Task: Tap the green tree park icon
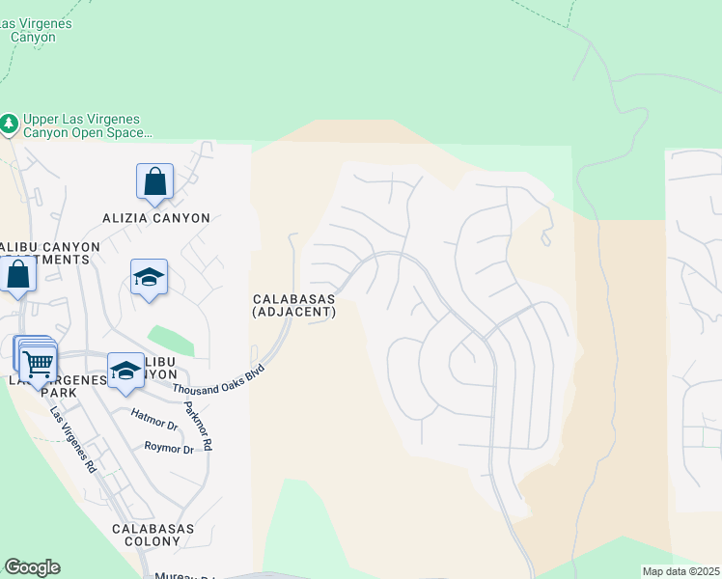[x=9, y=124]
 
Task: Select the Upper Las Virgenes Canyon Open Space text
[x=87, y=125]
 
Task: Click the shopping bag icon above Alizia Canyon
[x=154, y=180]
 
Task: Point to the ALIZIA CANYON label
[x=155, y=218]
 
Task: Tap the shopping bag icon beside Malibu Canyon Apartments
[x=18, y=274]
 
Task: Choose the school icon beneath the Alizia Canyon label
[x=149, y=277]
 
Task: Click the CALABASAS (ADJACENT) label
[x=293, y=306]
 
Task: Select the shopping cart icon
[x=38, y=364]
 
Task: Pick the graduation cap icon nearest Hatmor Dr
[x=125, y=371]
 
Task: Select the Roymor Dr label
[x=169, y=448]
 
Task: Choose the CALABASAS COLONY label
[x=153, y=536]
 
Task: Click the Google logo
[x=32, y=567]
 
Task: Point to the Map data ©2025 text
[x=681, y=571]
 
